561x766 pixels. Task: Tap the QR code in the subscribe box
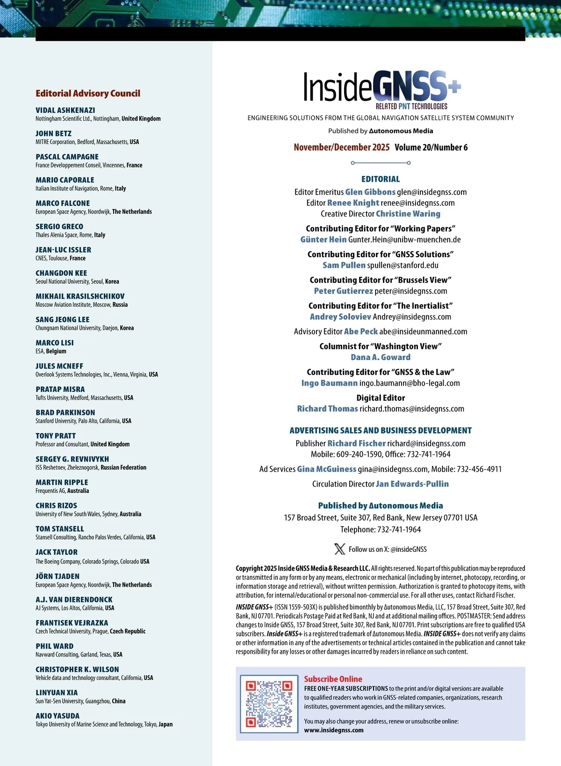click(x=269, y=703)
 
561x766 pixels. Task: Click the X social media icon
click(x=340, y=549)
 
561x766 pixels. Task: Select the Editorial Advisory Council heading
click(x=88, y=94)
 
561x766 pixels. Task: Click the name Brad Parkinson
click(x=65, y=412)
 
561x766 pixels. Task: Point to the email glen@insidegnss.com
click(x=432, y=192)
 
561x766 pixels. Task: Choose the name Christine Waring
click(x=408, y=214)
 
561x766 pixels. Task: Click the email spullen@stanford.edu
click(x=403, y=265)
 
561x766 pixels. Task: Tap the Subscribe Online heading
click(x=333, y=679)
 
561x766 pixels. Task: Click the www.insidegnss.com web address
click(x=334, y=730)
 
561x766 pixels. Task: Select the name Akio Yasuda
click(x=58, y=716)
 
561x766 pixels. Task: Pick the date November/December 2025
click(x=341, y=147)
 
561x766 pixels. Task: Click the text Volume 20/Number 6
click(x=431, y=147)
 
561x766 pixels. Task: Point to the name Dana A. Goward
click(x=381, y=357)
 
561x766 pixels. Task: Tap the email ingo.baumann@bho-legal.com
click(x=410, y=383)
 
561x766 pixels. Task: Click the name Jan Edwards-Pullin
click(x=412, y=484)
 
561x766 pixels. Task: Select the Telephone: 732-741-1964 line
click(x=381, y=529)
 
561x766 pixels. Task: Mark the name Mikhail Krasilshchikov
click(x=80, y=296)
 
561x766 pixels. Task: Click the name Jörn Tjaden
click(x=58, y=576)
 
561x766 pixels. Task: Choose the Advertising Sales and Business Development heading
click(x=381, y=430)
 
